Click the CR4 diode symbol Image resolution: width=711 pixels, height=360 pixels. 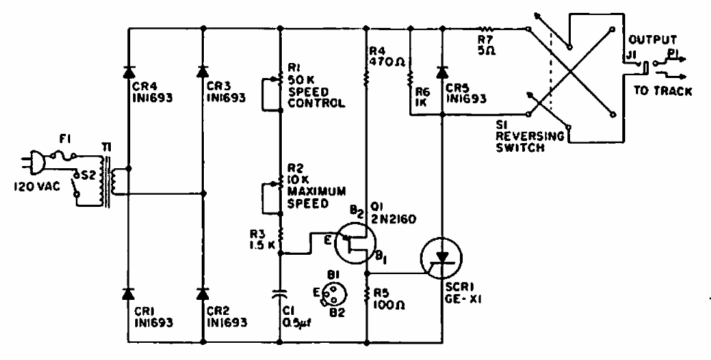point(128,72)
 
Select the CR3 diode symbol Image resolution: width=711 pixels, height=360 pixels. point(203,72)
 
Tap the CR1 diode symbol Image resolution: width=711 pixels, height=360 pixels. point(128,293)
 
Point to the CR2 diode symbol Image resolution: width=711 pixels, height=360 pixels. point(203,293)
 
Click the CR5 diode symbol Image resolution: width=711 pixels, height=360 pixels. point(443,72)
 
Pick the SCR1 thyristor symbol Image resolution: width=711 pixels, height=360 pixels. point(441,258)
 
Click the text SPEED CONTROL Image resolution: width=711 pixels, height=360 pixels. point(316,97)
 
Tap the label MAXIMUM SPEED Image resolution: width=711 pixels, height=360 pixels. point(316,198)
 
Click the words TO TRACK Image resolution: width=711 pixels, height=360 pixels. point(663,91)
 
